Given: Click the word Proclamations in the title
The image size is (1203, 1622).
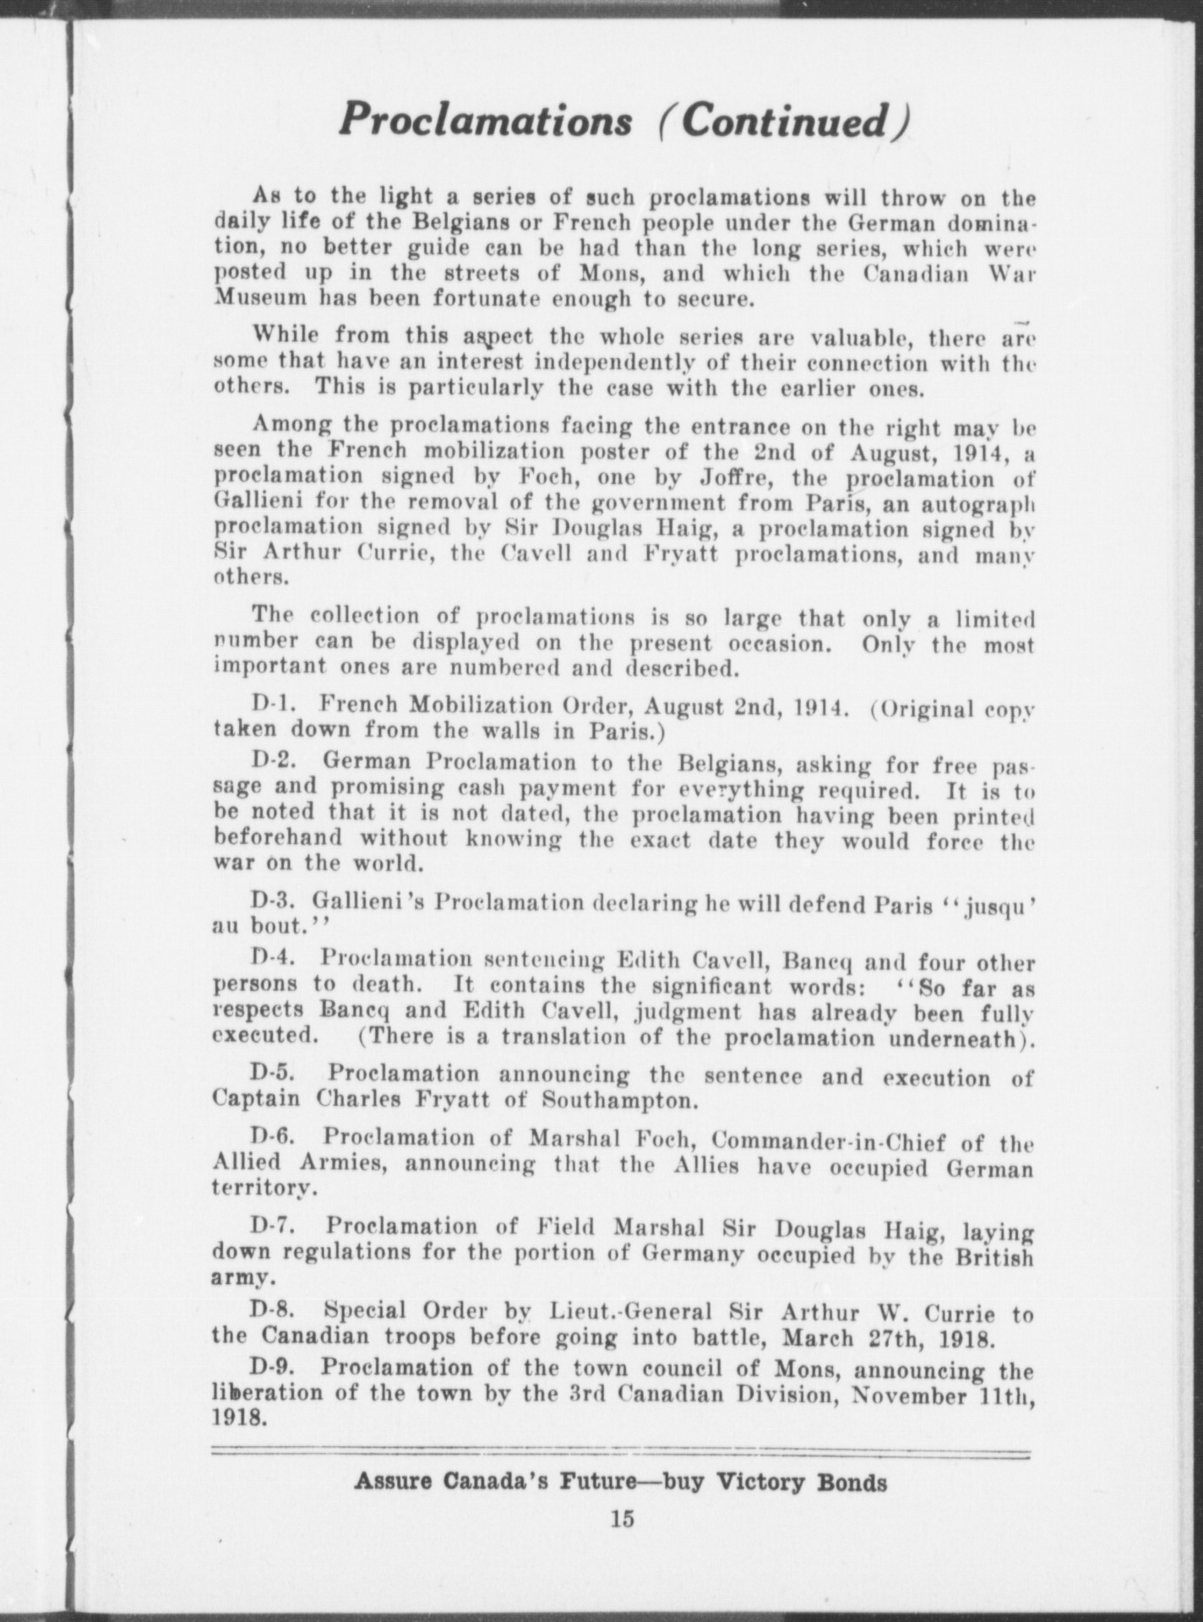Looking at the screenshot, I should [x=485, y=120].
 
